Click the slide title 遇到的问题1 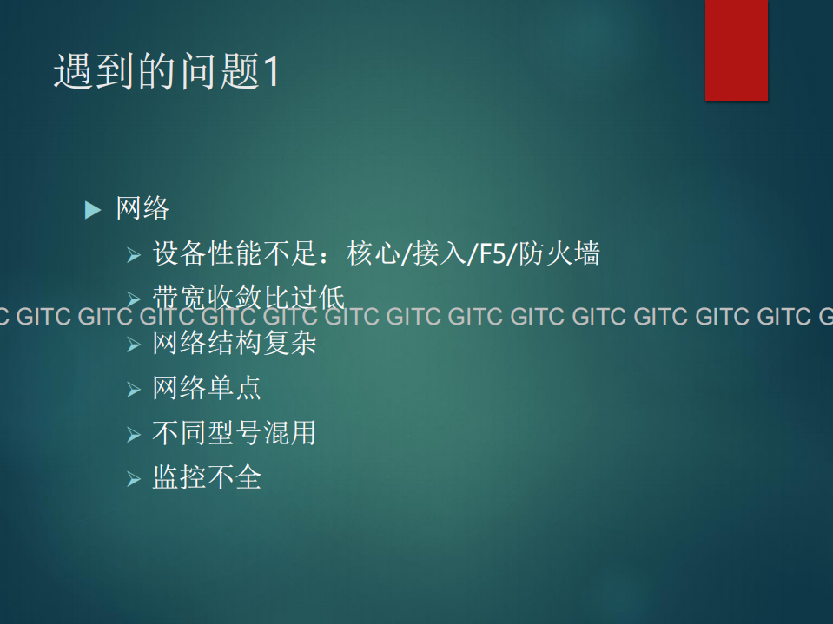click(x=167, y=71)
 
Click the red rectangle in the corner click(x=736, y=49)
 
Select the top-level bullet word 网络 click(x=142, y=209)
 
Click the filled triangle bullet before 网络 click(x=93, y=210)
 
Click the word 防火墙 click(x=559, y=254)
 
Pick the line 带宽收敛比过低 click(x=248, y=298)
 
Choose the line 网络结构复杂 click(x=235, y=344)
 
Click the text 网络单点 click(x=207, y=388)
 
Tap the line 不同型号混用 click(x=235, y=432)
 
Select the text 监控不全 click(x=207, y=477)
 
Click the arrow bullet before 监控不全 click(x=133, y=478)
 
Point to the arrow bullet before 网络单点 click(x=133, y=389)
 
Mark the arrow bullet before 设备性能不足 click(x=133, y=255)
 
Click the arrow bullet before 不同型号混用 click(x=133, y=433)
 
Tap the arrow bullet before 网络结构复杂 click(x=133, y=345)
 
